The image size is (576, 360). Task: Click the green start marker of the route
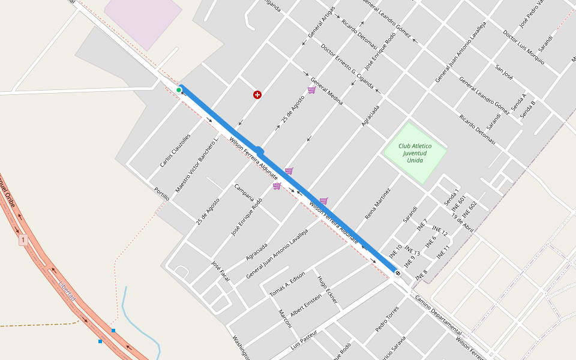click(x=179, y=90)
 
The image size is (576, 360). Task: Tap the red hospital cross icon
click(x=257, y=95)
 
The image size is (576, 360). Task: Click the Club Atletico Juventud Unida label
click(x=415, y=153)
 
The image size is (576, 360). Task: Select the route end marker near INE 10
click(x=397, y=273)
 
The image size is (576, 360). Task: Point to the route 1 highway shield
click(x=23, y=240)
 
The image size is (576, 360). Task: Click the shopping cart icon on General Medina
click(x=311, y=90)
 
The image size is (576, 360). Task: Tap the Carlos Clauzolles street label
click(x=175, y=150)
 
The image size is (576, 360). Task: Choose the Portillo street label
click(x=162, y=194)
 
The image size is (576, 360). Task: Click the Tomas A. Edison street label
click(x=287, y=283)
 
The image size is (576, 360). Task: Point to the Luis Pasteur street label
click(x=303, y=340)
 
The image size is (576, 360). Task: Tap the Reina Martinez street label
click(x=377, y=203)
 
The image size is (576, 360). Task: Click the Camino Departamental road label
click(x=438, y=316)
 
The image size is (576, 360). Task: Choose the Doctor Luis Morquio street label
click(x=524, y=47)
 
